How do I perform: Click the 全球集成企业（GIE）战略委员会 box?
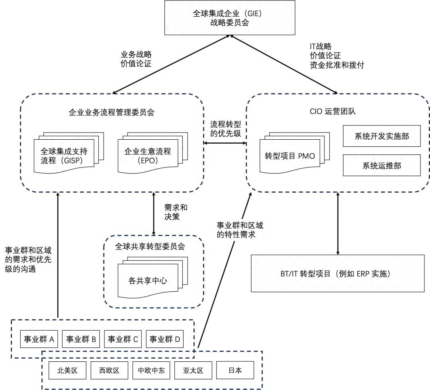pyautogui.click(x=230, y=18)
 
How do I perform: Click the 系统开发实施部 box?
pyautogui.click(x=381, y=137)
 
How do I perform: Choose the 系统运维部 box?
pyautogui.click(x=381, y=166)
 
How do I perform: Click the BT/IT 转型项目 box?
pyautogui.click(x=338, y=274)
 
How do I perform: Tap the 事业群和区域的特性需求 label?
pyautogui.click(x=240, y=230)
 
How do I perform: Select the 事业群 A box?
pyautogui.click(x=39, y=339)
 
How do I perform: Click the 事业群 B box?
pyautogui.click(x=81, y=339)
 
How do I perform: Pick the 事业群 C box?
pyautogui.click(x=123, y=339)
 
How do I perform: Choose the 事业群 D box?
pyautogui.click(x=165, y=339)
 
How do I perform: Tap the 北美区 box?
pyautogui.click(x=67, y=370)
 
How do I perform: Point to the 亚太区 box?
pyautogui.click(x=193, y=370)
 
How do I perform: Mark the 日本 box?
pyautogui.click(x=235, y=370)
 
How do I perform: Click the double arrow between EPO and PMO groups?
pyautogui.click(x=225, y=143)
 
